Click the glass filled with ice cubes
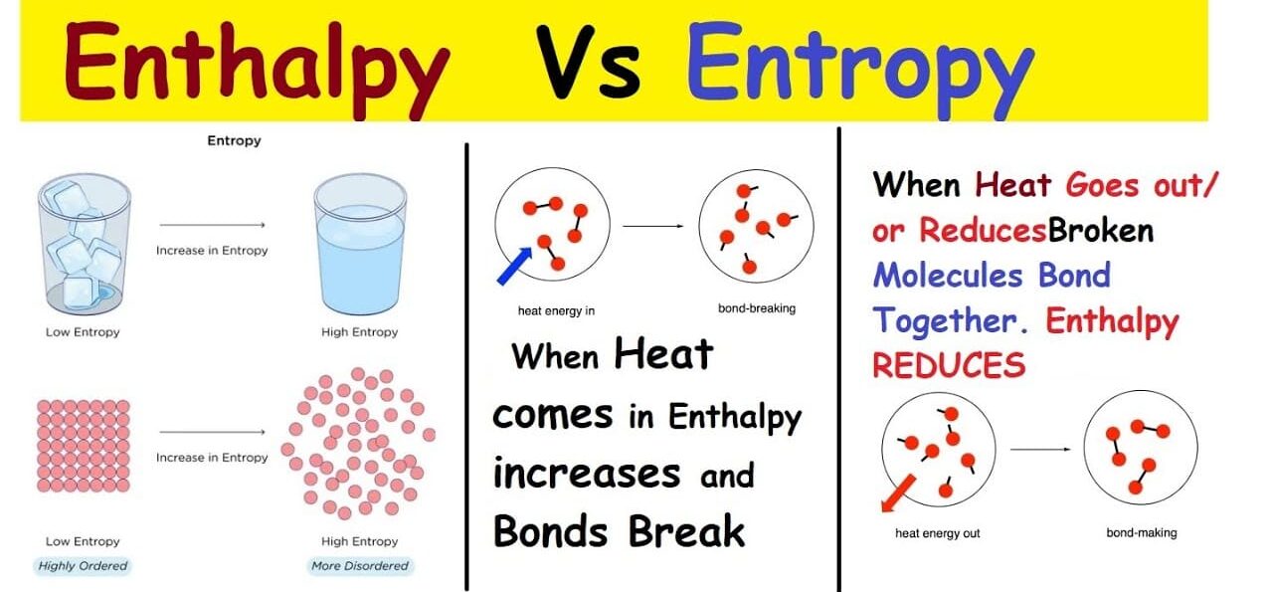(x=85, y=245)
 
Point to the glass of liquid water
(x=360, y=245)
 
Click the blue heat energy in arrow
(x=514, y=266)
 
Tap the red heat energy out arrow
(x=898, y=493)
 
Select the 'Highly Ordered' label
(x=83, y=566)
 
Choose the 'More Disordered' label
(x=360, y=566)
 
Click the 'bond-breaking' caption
(x=757, y=308)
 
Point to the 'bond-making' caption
(x=1142, y=533)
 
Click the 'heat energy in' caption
(x=556, y=311)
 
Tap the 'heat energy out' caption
(x=938, y=533)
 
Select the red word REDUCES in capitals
(x=949, y=365)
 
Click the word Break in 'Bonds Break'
(x=686, y=531)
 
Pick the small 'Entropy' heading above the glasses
(x=234, y=141)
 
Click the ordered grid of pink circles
(x=84, y=446)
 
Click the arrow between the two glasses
(x=212, y=225)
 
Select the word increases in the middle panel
(x=587, y=474)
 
